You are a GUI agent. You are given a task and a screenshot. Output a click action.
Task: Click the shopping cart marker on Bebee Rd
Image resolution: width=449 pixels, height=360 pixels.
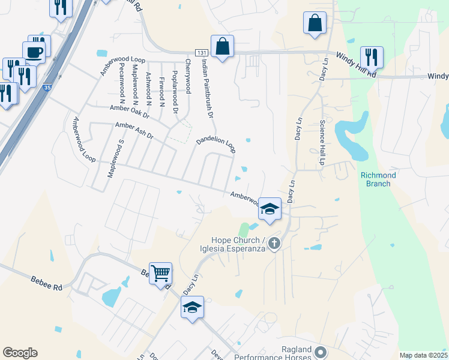tap(160, 274)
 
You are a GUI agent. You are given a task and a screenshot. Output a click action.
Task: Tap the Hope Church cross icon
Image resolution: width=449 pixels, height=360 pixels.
tap(274, 243)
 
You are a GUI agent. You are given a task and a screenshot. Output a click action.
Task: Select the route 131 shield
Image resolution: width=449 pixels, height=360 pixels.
tap(202, 53)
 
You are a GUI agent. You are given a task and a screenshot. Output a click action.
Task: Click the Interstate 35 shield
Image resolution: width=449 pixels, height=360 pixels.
tap(47, 88)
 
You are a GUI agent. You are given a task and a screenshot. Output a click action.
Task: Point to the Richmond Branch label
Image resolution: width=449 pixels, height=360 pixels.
tap(378, 179)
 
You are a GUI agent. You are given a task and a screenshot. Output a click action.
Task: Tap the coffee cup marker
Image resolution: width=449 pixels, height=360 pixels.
tap(34, 52)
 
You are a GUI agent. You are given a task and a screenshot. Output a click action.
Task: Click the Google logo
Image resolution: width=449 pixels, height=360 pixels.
tap(20, 353)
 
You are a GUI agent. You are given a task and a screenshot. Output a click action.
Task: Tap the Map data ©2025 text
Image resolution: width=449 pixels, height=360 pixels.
tap(423, 355)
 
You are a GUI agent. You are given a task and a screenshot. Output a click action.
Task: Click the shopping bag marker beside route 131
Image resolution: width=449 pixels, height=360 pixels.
tap(222, 46)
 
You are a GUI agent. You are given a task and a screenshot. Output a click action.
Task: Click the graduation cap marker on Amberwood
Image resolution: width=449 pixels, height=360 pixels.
tap(270, 209)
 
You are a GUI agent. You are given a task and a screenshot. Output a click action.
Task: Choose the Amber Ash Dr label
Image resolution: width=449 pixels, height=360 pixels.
tap(134, 131)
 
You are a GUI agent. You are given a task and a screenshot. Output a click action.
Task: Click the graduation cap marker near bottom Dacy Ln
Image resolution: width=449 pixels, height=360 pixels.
tap(192, 307)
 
